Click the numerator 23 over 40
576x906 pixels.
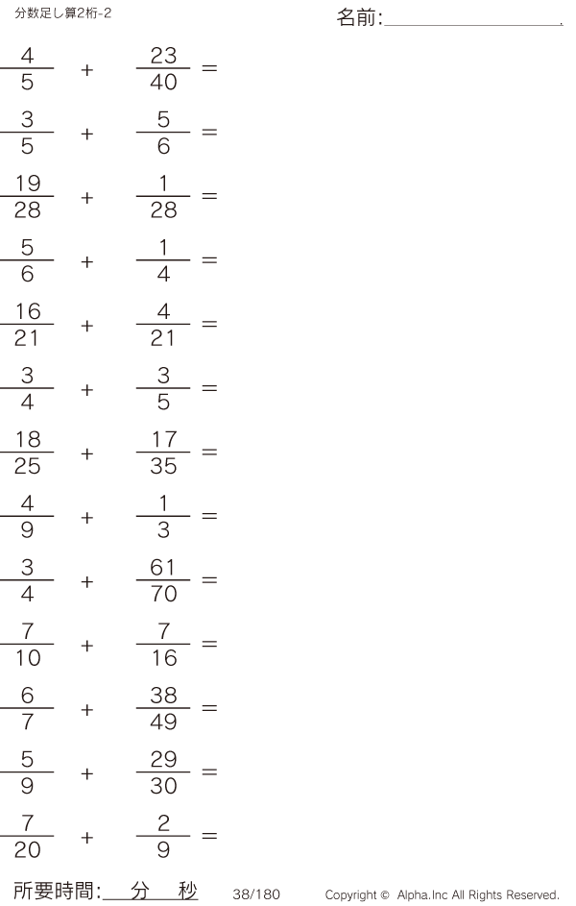[163, 56]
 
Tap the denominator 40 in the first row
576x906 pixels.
[163, 82]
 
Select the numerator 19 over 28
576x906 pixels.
[28, 184]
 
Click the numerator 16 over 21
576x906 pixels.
[28, 311]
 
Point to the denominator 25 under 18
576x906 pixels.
[28, 466]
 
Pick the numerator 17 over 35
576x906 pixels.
[164, 439]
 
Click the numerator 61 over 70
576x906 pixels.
[163, 568]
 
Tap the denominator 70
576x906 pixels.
[164, 594]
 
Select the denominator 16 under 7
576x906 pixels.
[164, 657]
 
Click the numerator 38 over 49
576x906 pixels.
[163, 695]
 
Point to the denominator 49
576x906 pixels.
[163, 722]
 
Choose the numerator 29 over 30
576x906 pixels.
[163, 759]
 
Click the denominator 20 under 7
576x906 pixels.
[28, 850]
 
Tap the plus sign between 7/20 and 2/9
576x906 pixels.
[87, 837]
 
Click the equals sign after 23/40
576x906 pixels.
[209, 68]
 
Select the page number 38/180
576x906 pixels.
[256, 894]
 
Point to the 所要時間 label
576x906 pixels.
[54, 891]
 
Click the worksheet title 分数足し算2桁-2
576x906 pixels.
[63, 12]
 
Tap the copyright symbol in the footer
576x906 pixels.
[385, 895]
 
